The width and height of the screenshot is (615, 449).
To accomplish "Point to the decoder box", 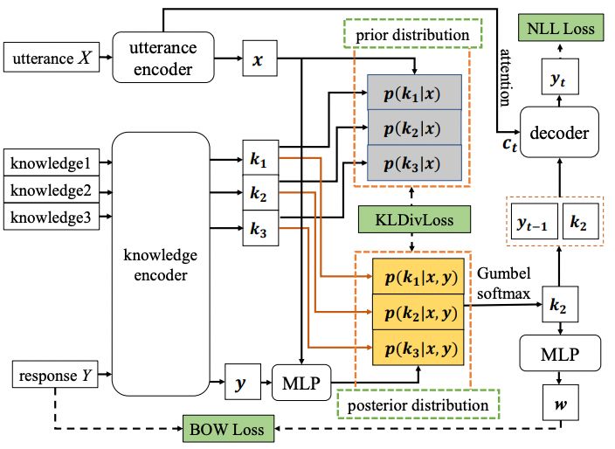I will click(x=558, y=133).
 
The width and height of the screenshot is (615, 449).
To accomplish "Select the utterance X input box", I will click(x=52, y=59).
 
